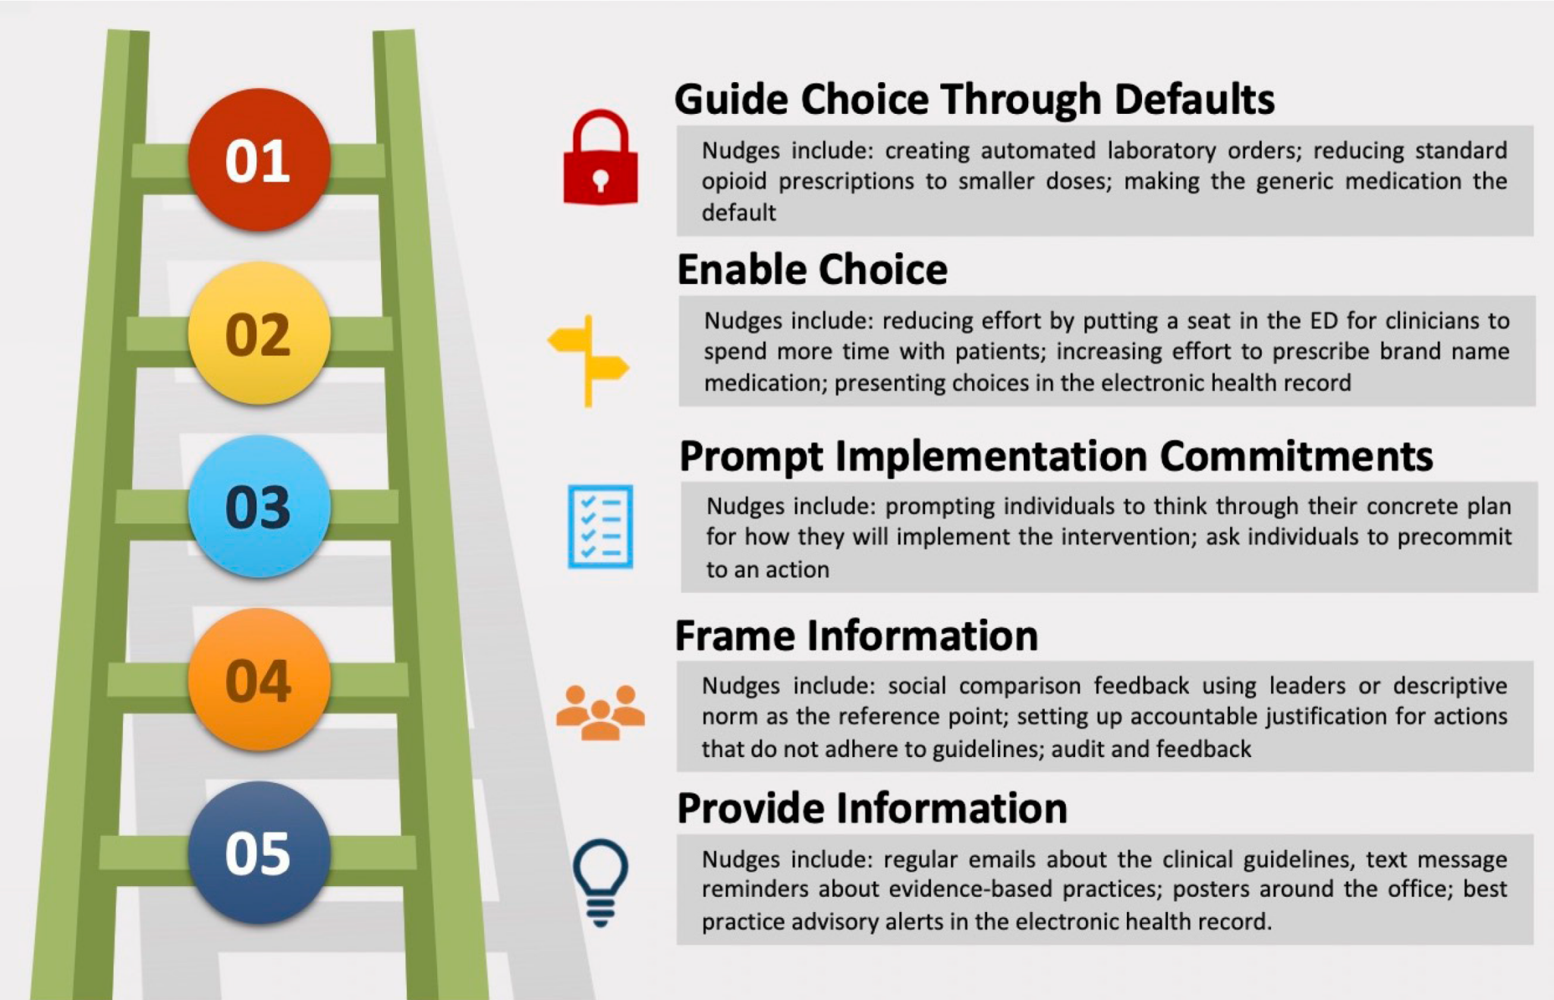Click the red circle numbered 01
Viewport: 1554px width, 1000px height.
pyautogui.click(x=259, y=160)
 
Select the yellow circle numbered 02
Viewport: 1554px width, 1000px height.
pyautogui.click(x=259, y=333)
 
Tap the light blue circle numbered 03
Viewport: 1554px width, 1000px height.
pyautogui.click(x=259, y=506)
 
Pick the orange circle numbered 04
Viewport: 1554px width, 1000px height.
pyautogui.click(x=259, y=680)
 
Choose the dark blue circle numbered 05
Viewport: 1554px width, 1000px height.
pyautogui.click(x=259, y=853)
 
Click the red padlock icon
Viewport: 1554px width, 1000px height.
pyautogui.click(x=600, y=159)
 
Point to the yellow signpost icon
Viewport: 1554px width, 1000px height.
pyautogui.click(x=589, y=361)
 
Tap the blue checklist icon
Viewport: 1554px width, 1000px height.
pyautogui.click(x=600, y=526)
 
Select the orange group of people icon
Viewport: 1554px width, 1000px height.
pyautogui.click(x=600, y=712)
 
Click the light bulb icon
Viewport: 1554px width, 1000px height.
pyautogui.click(x=600, y=881)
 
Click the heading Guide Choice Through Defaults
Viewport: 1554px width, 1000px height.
pyautogui.click(x=974, y=99)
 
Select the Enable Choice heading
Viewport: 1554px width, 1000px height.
pyautogui.click(x=812, y=270)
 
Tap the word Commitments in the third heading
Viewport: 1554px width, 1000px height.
pyautogui.click(x=1296, y=456)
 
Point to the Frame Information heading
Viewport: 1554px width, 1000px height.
pyautogui.click(x=856, y=636)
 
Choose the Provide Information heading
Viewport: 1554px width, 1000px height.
pyautogui.click(x=872, y=808)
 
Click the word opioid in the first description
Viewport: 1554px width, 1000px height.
pyautogui.click(x=734, y=182)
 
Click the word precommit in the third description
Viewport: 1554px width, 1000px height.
pyautogui.click(x=1455, y=537)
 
